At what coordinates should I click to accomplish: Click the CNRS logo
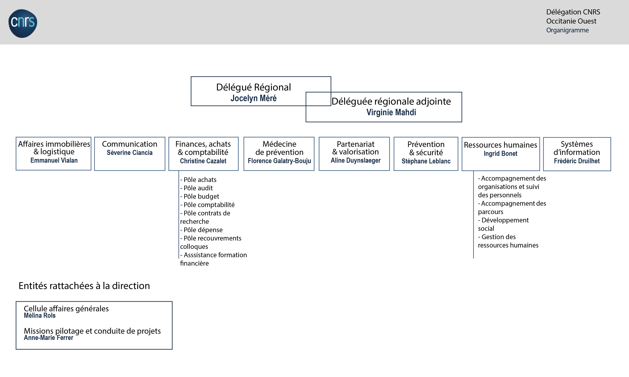pos(23,23)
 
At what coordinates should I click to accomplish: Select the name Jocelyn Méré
pos(253,98)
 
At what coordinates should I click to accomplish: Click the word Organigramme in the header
pos(568,30)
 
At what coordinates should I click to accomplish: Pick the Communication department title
pos(130,144)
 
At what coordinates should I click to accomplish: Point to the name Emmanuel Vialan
pos(54,160)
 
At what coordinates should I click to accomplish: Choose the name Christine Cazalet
pos(203,161)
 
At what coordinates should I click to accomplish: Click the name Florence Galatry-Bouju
pos(279,161)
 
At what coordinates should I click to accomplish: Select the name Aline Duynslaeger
pos(355,160)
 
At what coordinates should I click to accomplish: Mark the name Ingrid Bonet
pos(500,153)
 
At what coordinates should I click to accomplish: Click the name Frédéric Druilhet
pos(577,161)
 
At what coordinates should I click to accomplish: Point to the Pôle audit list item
pos(197,188)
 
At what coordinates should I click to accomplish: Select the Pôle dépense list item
pos(201,230)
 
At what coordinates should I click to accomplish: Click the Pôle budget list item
pos(200,196)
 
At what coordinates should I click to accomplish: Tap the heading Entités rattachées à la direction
pos(84,286)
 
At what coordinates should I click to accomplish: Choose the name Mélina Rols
pos(40,316)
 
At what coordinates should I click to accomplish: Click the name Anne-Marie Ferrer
pos(49,338)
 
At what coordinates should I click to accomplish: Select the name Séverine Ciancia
pos(130,153)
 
